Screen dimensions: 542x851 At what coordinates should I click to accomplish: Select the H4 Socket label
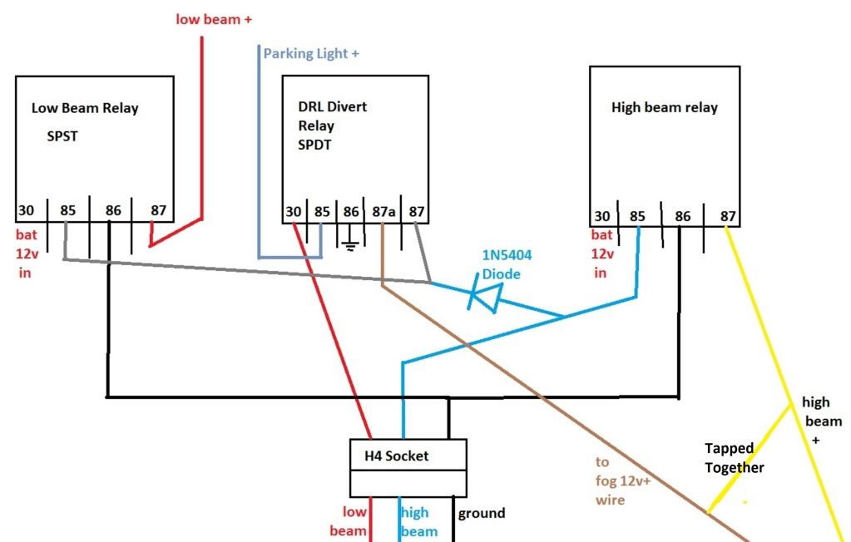pyautogui.click(x=397, y=456)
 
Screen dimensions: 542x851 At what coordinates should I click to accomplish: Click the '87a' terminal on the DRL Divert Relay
pyautogui.click(x=383, y=212)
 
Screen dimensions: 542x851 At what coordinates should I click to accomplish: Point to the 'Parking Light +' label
pyautogui.click(x=311, y=54)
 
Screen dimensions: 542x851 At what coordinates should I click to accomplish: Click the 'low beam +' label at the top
pyautogui.click(x=214, y=18)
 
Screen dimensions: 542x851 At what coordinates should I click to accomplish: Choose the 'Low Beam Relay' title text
pyautogui.click(x=85, y=108)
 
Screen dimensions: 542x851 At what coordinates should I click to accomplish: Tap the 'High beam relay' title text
pyautogui.click(x=664, y=107)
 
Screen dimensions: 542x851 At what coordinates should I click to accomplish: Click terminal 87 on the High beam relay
pyautogui.click(x=728, y=217)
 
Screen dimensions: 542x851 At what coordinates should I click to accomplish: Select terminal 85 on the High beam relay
pyautogui.click(x=637, y=217)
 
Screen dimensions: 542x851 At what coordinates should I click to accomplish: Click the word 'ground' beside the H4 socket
pyautogui.click(x=482, y=513)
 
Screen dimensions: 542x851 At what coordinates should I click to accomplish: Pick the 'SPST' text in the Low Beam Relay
pyautogui.click(x=62, y=136)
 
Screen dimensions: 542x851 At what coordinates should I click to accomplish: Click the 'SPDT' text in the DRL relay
pyautogui.click(x=315, y=145)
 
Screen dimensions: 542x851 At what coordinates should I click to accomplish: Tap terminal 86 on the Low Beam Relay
pyautogui.click(x=113, y=211)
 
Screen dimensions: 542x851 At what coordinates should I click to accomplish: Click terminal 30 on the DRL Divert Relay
pyautogui.click(x=294, y=212)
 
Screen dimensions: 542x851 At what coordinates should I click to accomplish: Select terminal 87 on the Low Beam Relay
pyautogui.click(x=158, y=211)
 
